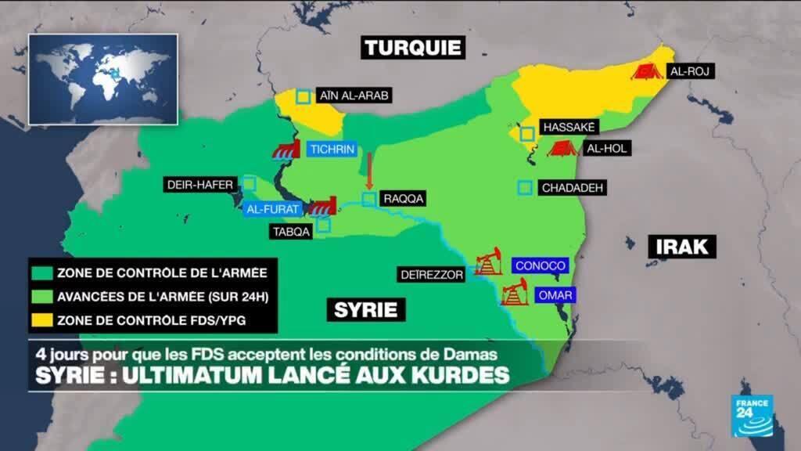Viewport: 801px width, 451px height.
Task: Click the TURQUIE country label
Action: coord(413,48)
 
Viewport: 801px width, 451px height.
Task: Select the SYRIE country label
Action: coord(365,309)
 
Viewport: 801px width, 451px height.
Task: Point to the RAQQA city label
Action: coord(404,199)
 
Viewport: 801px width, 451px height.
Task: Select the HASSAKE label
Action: coord(569,127)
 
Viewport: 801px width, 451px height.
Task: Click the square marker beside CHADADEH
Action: coord(525,188)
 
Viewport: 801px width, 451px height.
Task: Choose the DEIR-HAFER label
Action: coord(199,185)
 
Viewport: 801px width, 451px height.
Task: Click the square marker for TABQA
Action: coord(323,225)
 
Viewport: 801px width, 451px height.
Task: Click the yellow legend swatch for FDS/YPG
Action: coord(41,319)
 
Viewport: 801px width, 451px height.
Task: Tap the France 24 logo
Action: coord(752,415)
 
